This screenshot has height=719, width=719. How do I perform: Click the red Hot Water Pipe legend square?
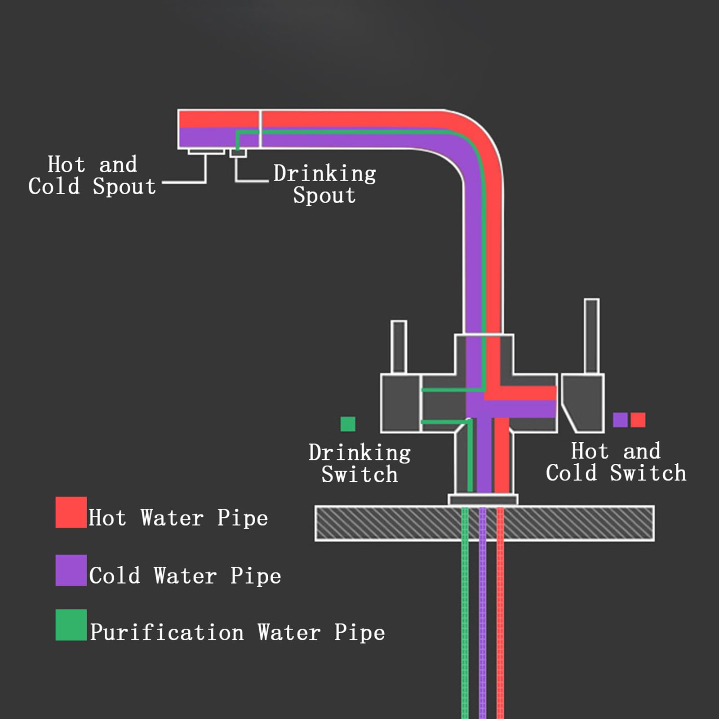71,512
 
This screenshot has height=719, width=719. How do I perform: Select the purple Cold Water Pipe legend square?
71,570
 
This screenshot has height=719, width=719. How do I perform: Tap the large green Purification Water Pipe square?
71,625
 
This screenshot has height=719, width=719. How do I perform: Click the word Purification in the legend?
167,632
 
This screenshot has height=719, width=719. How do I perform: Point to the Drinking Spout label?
324,184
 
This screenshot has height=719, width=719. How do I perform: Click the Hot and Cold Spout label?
92,175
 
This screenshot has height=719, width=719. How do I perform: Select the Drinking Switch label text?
359,463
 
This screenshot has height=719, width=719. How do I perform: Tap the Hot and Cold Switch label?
616,462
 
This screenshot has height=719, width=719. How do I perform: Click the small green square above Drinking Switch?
348,424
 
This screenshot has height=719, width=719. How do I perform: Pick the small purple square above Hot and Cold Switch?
620,420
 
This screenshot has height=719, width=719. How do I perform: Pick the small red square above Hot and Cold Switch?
638,420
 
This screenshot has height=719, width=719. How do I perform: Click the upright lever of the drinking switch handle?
399,347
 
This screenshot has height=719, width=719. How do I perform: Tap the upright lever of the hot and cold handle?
592,336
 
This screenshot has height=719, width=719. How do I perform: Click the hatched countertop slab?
484,523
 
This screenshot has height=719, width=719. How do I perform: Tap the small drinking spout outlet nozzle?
238,153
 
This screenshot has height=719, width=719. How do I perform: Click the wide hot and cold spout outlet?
206,151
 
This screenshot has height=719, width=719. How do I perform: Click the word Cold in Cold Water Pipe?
115,576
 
